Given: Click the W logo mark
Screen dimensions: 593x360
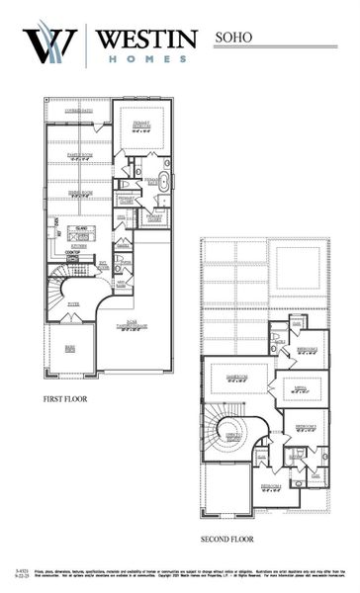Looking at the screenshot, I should click(51, 44).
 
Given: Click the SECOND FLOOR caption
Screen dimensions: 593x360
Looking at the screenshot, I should click(226, 540).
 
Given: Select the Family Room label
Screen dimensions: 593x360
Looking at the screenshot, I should click(78, 155).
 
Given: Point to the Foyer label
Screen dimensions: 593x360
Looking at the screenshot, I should click(73, 304).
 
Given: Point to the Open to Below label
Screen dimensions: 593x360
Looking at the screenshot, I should click(234, 435).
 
